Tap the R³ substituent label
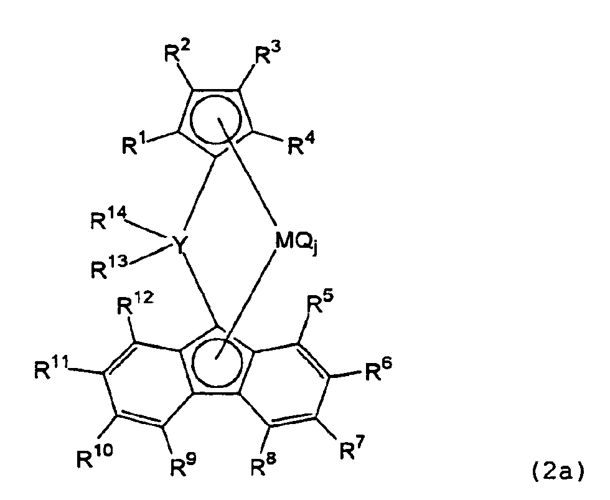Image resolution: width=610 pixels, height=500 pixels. (x=269, y=54)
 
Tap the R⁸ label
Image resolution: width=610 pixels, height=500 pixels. (x=264, y=465)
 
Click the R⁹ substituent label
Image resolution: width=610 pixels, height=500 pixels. (x=184, y=465)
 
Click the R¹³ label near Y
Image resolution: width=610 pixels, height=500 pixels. (x=109, y=267)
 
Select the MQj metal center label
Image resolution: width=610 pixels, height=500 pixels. (x=296, y=244)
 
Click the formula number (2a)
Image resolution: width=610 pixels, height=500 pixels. (x=557, y=471)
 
